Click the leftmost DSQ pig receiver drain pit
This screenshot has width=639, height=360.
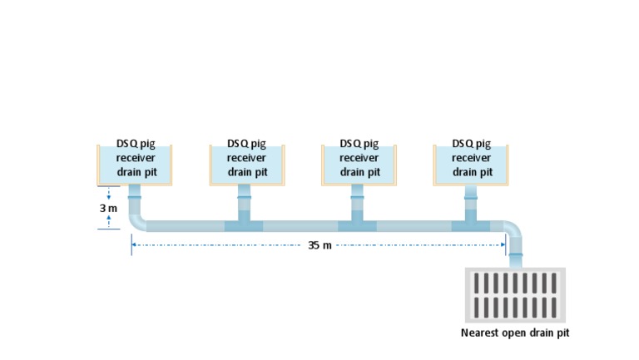(135, 163)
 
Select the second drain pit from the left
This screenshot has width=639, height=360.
(246, 163)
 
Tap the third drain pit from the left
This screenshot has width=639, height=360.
(359, 163)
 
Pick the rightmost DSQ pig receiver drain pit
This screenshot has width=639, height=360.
(471, 163)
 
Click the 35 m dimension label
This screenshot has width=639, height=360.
(319, 245)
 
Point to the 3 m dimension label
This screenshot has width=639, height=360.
(108, 208)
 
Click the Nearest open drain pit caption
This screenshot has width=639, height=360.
(515, 333)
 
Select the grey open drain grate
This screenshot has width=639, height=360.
(515, 294)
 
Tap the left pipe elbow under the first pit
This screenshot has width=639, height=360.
(137, 223)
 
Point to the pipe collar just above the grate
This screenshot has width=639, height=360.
(516, 254)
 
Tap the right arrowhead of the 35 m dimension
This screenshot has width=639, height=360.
(503, 245)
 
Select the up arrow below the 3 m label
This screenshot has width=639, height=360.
(109, 219)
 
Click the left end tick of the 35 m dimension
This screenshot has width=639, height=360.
(131, 245)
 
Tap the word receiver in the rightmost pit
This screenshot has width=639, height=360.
(471, 158)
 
